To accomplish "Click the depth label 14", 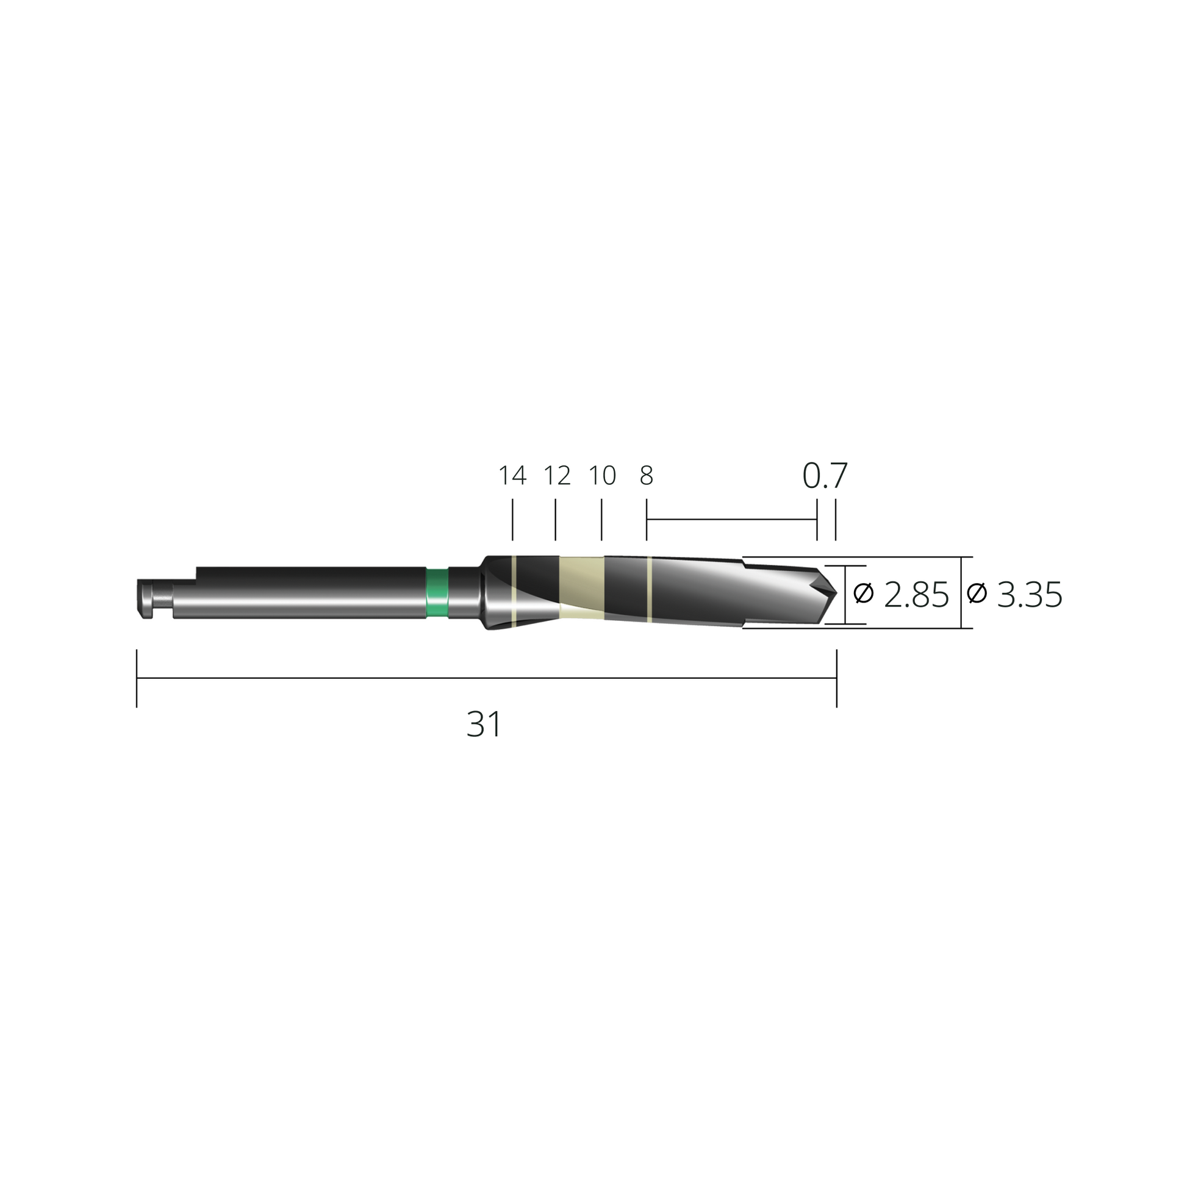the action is [512, 476].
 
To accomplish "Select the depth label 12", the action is [558, 476].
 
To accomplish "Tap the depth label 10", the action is [602, 476].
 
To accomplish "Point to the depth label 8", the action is [647, 476].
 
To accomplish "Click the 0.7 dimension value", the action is [825, 476].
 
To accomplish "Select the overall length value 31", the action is [484, 725].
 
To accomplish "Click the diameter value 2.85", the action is [916, 595].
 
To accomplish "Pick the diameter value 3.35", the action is [1030, 595].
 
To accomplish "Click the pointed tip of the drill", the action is [836, 592].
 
